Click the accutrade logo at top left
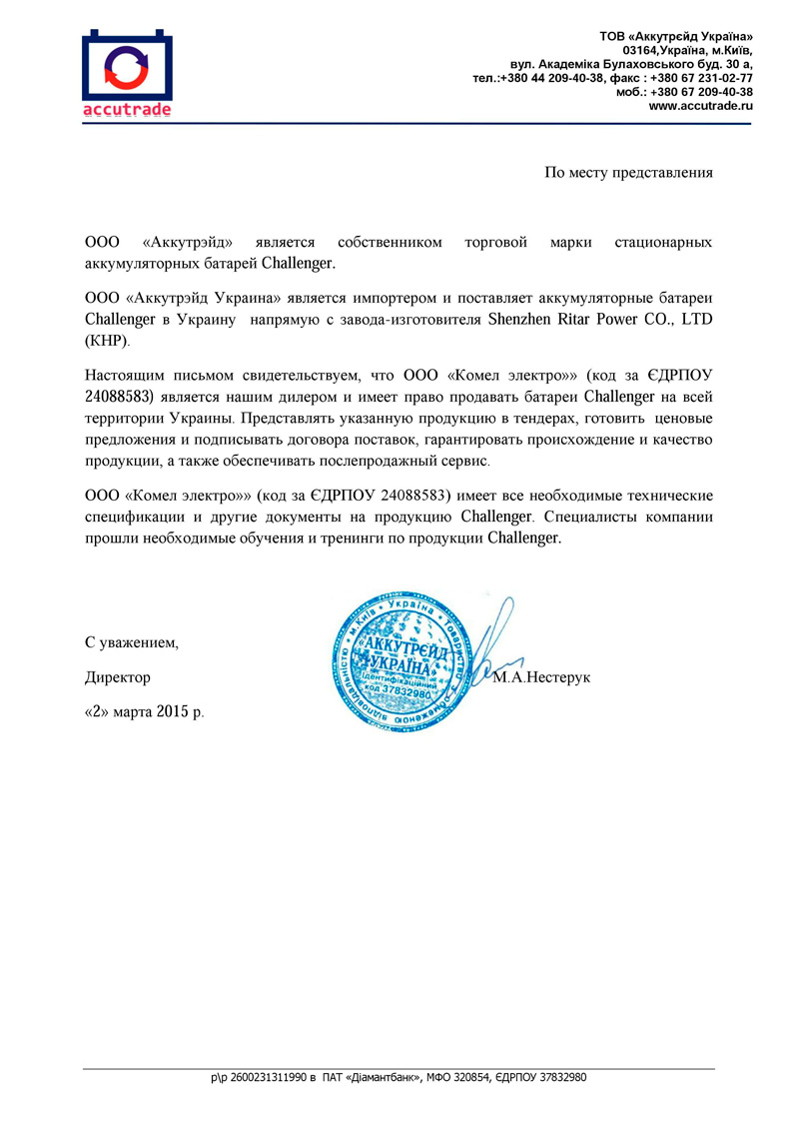pyautogui.click(x=128, y=74)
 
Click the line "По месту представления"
pyautogui.click(x=628, y=172)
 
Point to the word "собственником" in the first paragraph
pyautogui.click(x=390, y=243)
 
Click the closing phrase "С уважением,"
pyautogui.click(x=132, y=641)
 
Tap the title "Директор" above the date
pyautogui.click(x=118, y=677)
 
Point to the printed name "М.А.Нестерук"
pyautogui.click(x=542, y=677)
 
